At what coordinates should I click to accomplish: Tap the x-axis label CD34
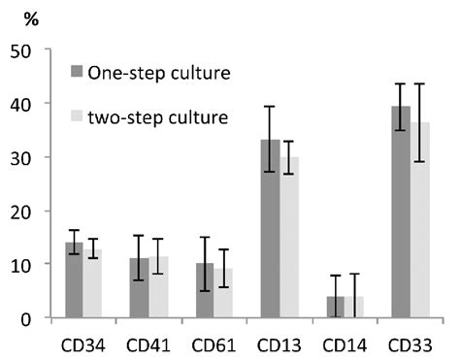[83, 344]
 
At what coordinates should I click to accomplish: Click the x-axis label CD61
[213, 344]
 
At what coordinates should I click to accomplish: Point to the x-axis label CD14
[344, 344]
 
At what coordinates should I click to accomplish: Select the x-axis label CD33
[409, 344]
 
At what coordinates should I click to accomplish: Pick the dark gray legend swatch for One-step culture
[76, 73]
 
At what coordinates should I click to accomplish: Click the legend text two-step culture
[157, 117]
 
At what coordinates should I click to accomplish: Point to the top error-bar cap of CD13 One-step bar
[270, 107]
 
